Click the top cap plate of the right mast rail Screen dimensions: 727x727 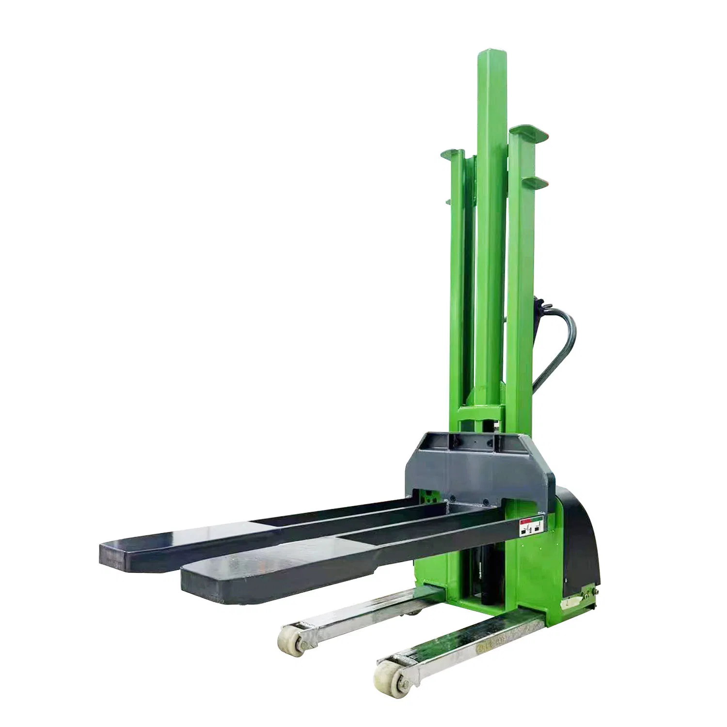tap(527, 132)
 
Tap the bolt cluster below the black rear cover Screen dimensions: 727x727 tap(589, 593)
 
